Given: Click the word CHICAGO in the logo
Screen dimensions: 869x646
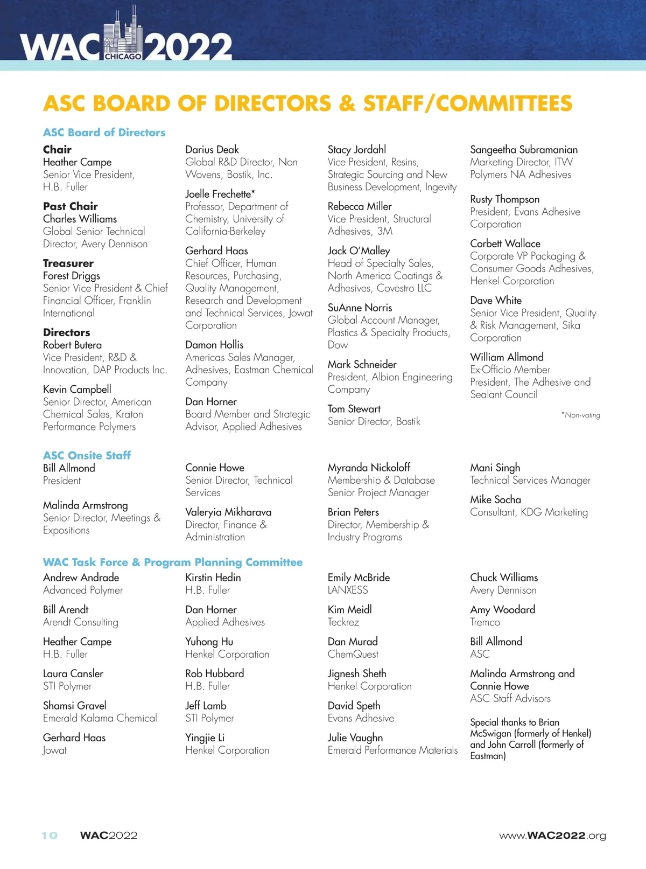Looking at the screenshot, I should tap(123, 56).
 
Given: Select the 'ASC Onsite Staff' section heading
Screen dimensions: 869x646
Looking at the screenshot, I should tap(87, 455).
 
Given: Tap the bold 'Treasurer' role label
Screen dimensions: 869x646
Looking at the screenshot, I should tap(68, 263).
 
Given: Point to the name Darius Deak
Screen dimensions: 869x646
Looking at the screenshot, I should tap(212, 150).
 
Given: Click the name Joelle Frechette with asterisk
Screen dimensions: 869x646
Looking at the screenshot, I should tap(220, 194).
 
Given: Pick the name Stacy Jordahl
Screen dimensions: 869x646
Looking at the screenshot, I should tap(357, 150).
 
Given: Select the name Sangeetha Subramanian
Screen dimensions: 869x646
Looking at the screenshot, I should tap(524, 150).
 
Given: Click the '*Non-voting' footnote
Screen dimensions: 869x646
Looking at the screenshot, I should tap(580, 415).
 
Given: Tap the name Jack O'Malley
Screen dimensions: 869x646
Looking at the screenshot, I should tap(359, 251).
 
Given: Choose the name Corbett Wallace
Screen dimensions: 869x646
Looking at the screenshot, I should tap(505, 244).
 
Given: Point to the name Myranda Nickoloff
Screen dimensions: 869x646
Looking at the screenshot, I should tap(369, 468).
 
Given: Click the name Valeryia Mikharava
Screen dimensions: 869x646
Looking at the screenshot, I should tap(228, 512).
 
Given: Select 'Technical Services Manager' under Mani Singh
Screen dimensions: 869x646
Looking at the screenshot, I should tap(530, 480).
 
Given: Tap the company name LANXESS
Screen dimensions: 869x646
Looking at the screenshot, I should tap(348, 590).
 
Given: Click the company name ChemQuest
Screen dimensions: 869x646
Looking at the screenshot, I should tap(353, 654).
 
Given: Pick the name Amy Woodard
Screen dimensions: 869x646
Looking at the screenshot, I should tap(502, 609).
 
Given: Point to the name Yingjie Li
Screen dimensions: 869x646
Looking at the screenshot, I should tap(205, 738).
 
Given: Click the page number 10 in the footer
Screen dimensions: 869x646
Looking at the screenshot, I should tap(50, 836).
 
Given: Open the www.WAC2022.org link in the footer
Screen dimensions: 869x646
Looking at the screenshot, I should tap(552, 836).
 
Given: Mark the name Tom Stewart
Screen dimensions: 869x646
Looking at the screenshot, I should tap(354, 409).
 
